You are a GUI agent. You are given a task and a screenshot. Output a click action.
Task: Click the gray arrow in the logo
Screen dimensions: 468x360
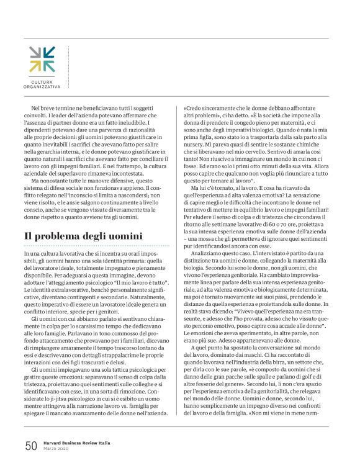click(35, 52)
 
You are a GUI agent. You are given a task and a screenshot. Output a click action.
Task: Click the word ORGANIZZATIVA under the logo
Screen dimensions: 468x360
click(42, 88)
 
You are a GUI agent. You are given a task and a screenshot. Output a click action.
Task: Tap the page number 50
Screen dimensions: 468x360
click(30, 446)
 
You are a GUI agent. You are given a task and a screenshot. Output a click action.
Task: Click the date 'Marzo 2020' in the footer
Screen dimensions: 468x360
click(56, 449)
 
